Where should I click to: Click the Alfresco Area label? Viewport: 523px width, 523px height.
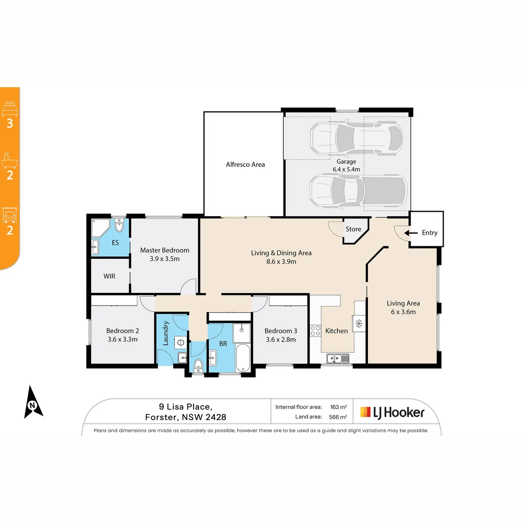pyautogui.click(x=245, y=164)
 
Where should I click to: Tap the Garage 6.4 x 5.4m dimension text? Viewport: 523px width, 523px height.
pyautogui.click(x=346, y=170)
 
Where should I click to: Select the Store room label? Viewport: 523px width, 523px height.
pyautogui.click(x=353, y=229)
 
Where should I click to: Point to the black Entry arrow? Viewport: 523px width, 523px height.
pyautogui.click(x=411, y=233)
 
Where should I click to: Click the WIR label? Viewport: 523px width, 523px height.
pyautogui.click(x=109, y=276)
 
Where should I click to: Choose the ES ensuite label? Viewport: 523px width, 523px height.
pyautogui.click(x=115, y=243)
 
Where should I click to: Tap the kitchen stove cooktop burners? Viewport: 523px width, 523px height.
pyautogui.click(x=316, y=331)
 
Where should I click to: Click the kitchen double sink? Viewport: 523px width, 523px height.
pyautogui.click(x=338, y=359)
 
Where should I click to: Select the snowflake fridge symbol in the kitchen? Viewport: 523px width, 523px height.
pyautogui.click(x=359, y=323)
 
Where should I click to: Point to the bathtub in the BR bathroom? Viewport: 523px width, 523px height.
pyautogui.click(x=243, y=358)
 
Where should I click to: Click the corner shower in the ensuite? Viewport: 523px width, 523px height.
pyautogui.click(x=100, y=228)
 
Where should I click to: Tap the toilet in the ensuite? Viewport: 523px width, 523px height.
pyautogui.click(x=119, y=225)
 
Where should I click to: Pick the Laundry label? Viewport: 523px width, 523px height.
pyautogui.click(x=165, y=333)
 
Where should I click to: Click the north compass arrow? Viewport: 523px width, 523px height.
pyautogui.click(x=33, y=402)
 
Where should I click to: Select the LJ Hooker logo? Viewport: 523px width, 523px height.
pyautogui.click(x=392, y=413)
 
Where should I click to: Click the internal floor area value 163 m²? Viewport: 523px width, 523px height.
pyautogui.click(x=339, y=407)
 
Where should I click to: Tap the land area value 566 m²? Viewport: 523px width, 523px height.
pyautogui.click(x=338, y=417)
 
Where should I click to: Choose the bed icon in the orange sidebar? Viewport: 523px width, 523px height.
pyautogui.click(x=10, y=109)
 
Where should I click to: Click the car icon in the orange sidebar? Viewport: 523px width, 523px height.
pyautogui.click(x=10, y=215)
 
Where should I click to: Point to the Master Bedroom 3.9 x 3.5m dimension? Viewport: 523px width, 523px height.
pyautogui.click(x=164, y=259)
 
